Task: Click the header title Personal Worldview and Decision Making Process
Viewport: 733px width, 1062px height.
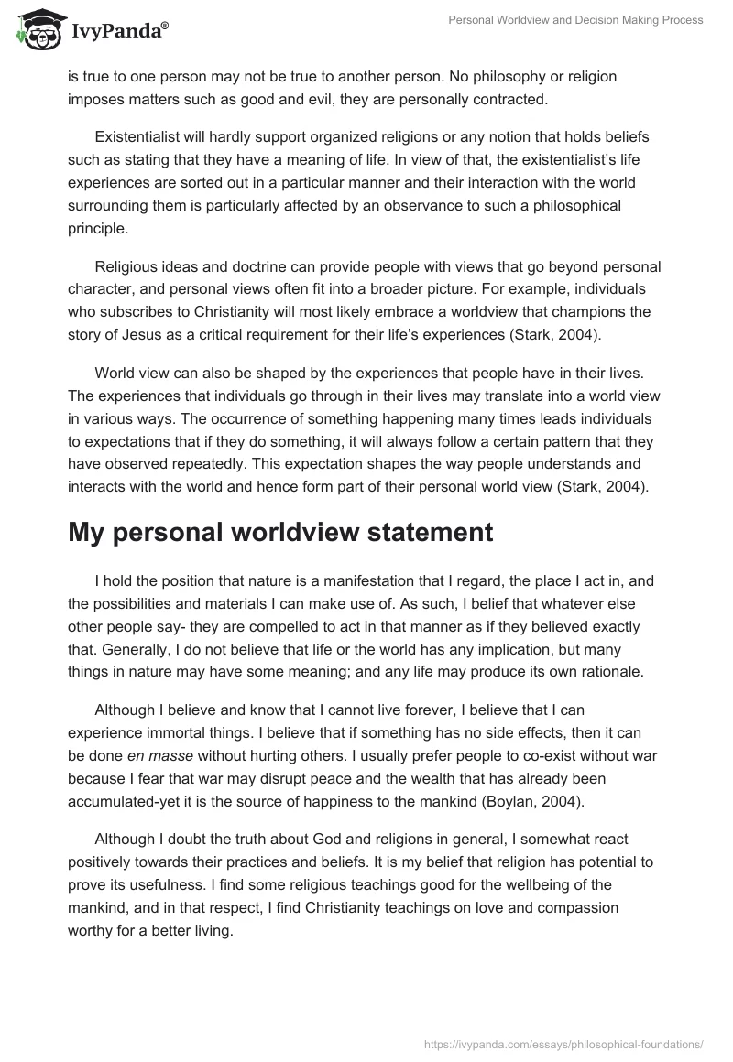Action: coord(575,20)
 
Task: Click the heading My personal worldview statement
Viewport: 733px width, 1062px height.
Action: coord(280,532)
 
